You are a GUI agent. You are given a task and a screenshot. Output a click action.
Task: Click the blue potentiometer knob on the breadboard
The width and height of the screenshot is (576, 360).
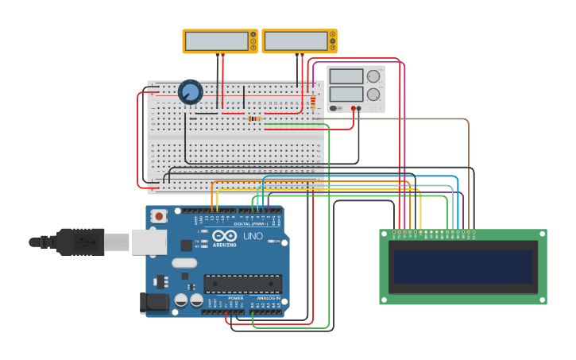point(190,92)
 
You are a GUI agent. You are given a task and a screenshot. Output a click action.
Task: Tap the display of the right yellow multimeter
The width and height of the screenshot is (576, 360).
point(296,41)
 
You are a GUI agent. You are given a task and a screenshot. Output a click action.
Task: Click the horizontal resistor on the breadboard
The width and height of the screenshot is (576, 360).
point(254,118)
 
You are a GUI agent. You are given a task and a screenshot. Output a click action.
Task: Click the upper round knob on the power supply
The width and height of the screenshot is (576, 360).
point(373,76)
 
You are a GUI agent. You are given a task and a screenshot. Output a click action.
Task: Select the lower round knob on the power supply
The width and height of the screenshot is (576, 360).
point(373,94)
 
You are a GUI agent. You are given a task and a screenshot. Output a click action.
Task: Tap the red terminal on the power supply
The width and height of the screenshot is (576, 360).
point(353,109)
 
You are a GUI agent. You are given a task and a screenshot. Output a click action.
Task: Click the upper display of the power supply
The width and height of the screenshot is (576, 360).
point(346,76)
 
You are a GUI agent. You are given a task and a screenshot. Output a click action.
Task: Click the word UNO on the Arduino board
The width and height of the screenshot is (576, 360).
point(253,236)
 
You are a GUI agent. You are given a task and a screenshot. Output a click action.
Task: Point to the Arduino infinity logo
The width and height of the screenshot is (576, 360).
point(225,235)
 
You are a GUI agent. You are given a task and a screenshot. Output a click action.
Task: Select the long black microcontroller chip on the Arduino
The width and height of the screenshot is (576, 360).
point(242,284)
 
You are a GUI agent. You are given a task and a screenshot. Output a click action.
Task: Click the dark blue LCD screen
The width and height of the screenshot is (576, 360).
point(462,267)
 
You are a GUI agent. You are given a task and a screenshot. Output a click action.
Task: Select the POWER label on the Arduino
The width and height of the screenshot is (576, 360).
point(236,298)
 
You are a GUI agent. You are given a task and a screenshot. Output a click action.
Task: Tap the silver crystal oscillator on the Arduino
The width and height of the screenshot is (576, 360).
point(184,263)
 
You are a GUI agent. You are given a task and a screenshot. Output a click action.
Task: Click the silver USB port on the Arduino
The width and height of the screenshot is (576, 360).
point(149,242)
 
